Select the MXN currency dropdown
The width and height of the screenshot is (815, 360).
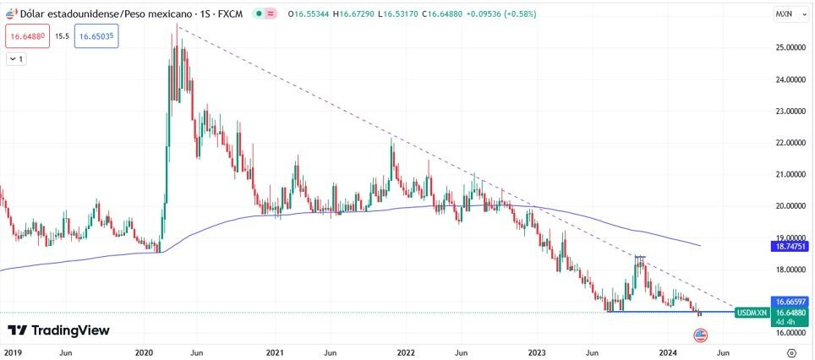click(787, 15)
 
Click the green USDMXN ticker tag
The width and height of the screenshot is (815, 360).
click(752, 313)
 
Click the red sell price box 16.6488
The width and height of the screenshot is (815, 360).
click(27, 36)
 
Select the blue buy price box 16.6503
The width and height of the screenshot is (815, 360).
click(95, 36)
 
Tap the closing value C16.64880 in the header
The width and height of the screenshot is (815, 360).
click(423, 14)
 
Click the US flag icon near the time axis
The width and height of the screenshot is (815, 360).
click(700, 335)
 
